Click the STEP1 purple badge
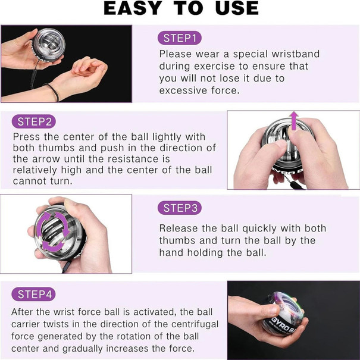[x=180, y=38]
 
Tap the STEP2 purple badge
[x=34, y=121]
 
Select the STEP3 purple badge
[x=180, y=208]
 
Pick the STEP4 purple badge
[x=33, y=294]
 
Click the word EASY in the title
[x=133, y=8]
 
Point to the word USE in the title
[x=237, y=8]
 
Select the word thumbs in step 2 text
[x=57, y=148]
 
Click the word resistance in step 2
[x=139, y=159]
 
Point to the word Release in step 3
[x=179, y=228]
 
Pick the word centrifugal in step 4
[x=195, y=324]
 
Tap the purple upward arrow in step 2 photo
[x=294, y=120]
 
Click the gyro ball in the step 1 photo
[x=48, y=45]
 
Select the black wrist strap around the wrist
[x=53, y=92]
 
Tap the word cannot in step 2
[x=28, y=181]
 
